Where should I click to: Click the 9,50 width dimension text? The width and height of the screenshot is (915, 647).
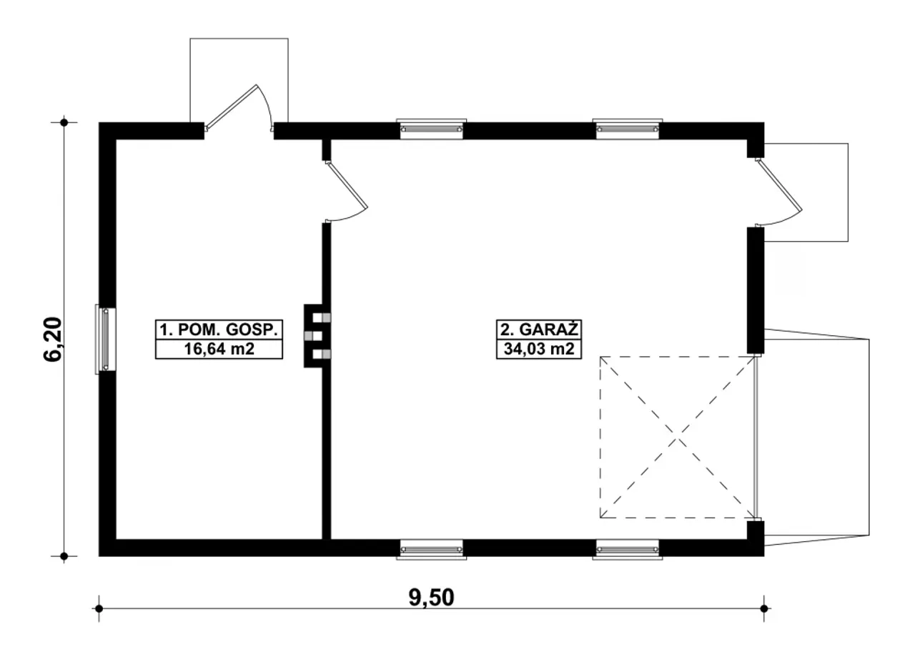point(431,598)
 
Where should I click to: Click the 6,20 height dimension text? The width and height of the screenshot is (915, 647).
point(53,339)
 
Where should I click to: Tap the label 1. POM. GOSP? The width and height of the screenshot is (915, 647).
point(219,330)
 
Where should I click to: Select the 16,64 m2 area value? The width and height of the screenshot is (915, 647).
point(219,349)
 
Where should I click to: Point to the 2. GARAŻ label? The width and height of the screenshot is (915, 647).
point(539,329)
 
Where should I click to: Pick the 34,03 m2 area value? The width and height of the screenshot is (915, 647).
point(539,348)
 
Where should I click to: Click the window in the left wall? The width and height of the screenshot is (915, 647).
point(105,339)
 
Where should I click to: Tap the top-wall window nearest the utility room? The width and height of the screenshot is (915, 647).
point(432,129)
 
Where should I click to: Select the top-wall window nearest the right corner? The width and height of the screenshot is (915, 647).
point(628,129)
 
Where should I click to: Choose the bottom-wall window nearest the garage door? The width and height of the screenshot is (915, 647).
point(628,549)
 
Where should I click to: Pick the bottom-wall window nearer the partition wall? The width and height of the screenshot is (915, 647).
point(432,549)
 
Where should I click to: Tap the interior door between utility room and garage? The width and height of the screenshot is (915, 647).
point(347,185)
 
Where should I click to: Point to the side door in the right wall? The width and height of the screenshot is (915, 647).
point(779,186)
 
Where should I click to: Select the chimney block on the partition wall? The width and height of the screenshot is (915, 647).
point(317,336)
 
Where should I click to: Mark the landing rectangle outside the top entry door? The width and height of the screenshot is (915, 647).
point(239,80)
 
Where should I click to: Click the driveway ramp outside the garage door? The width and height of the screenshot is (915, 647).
point(817,437)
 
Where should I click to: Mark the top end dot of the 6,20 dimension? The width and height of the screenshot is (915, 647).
point(64,122)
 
